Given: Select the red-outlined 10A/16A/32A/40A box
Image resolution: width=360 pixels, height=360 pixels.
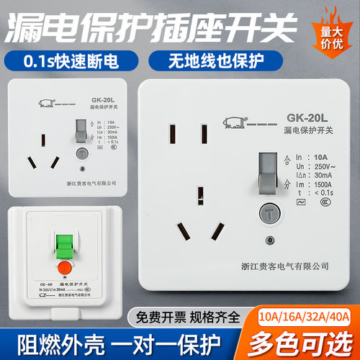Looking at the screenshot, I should (306, 315).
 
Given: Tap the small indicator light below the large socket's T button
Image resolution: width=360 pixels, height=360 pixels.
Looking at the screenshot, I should (270, 241).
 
